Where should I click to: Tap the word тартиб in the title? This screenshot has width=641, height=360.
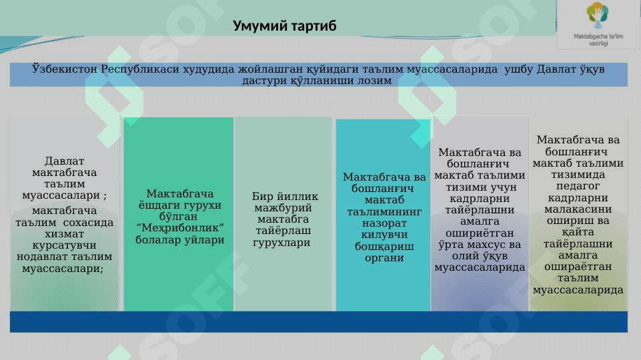coord(312,26)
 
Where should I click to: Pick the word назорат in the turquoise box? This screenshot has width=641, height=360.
coord(384,223)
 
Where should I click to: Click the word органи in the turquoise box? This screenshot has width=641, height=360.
coord(384,258)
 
